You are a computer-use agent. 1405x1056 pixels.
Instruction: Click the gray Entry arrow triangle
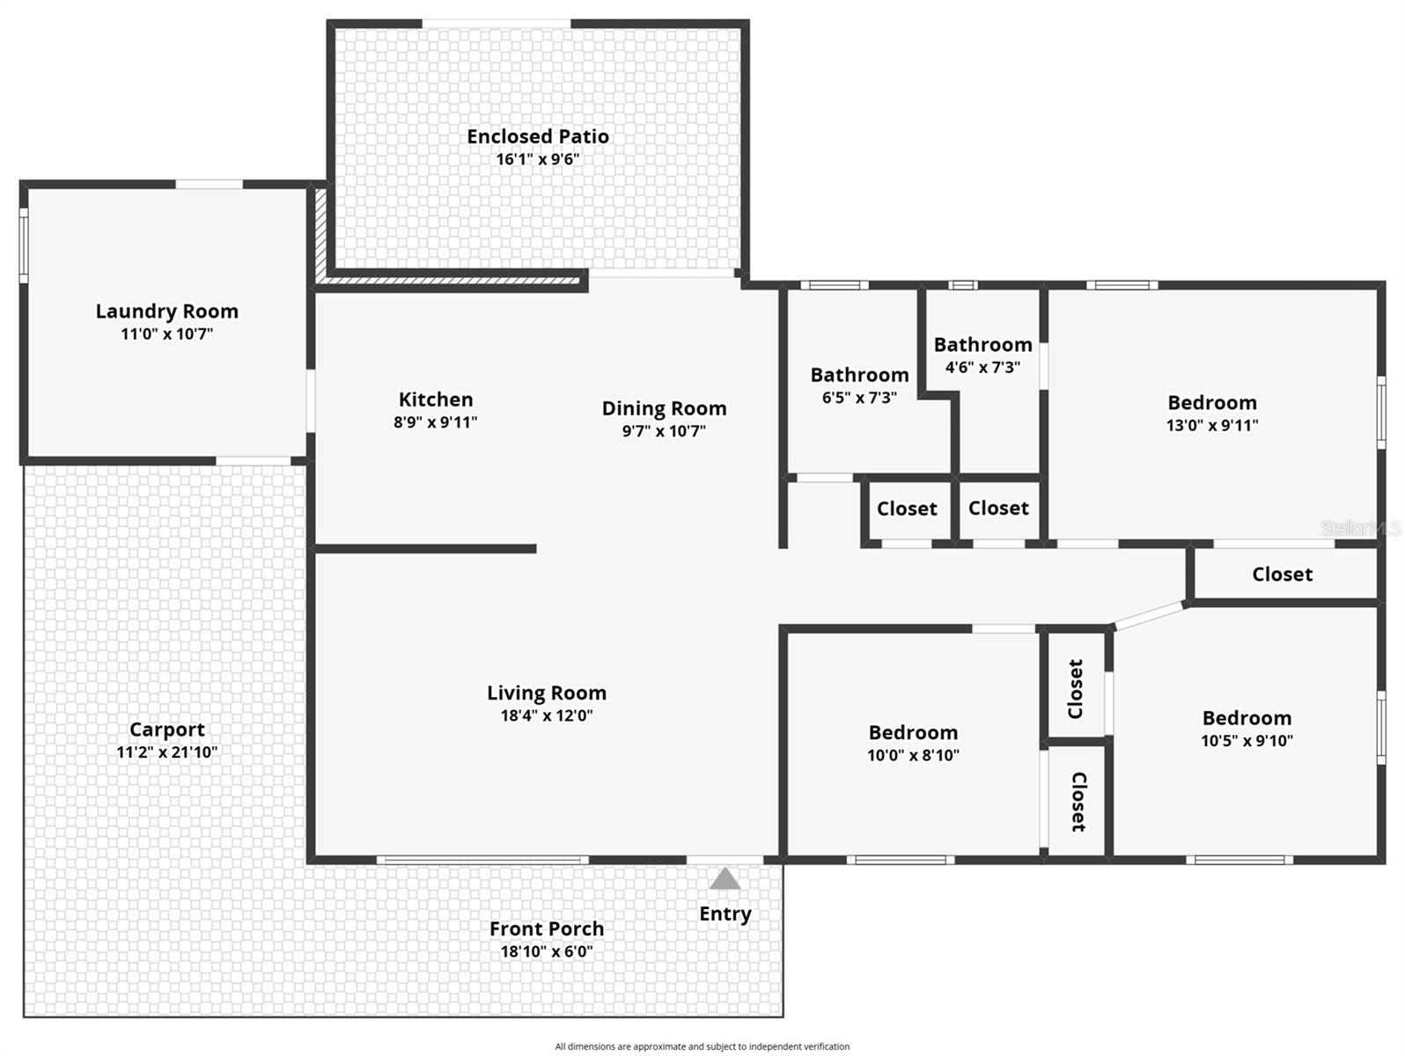coord(725,878)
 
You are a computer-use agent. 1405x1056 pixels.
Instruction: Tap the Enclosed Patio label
coord(537,136)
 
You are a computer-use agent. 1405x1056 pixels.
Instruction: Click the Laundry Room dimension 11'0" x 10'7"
coord(166,334)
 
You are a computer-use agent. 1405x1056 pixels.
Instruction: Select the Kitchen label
coord(435,400)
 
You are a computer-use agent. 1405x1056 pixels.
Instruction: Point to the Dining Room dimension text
coord(664,431)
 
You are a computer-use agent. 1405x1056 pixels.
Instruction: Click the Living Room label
coord(546,693)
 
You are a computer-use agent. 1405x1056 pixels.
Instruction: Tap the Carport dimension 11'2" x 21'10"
coord(166,752)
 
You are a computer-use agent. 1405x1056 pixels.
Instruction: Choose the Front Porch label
coord(546,929)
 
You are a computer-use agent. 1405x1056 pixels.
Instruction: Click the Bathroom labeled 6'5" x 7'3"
coord(859,376)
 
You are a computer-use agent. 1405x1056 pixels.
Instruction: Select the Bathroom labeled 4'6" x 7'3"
coord(982,345)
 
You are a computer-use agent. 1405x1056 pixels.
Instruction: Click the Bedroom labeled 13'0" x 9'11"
coord(1211,403)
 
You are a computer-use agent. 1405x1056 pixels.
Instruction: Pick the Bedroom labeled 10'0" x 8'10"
coord(913,733)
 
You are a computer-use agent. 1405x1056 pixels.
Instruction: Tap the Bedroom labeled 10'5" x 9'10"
coord(1247,718)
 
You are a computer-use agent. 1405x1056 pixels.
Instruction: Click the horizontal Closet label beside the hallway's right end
coord(1282,575)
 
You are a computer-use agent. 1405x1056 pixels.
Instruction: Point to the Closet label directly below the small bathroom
coord(998,509)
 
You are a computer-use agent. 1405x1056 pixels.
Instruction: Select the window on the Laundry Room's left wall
coord(25,246)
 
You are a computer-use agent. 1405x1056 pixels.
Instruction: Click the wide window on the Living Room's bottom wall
coord(482,860)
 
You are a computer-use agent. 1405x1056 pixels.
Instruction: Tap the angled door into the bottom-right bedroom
coord(1149,614)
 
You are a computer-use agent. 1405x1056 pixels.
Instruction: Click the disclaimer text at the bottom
coord(702,1046)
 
